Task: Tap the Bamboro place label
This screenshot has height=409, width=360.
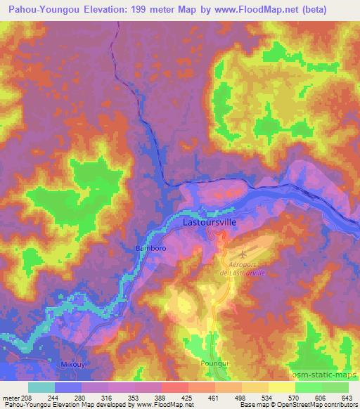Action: point(149,248)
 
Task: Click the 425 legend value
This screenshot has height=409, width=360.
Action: point(187,397)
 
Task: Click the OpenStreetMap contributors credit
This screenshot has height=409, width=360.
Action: point(314,405)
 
